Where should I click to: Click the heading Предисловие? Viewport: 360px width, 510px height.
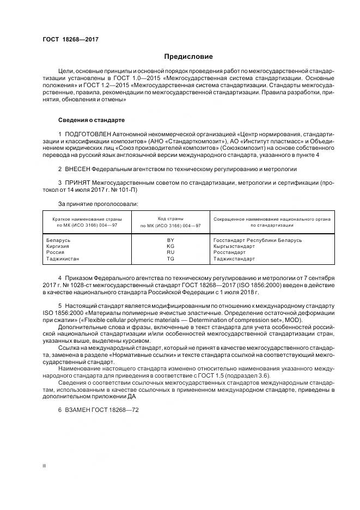[x=189, y=57]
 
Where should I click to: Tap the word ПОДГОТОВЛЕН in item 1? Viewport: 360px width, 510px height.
[x=89, y=134]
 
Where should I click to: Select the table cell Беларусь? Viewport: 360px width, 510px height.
[x=58, y=240]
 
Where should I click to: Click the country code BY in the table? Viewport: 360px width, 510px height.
[x=170, y=240]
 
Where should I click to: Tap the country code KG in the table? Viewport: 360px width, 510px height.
[x=170, y=246]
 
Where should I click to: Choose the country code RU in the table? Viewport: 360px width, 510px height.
[x=170, y=252]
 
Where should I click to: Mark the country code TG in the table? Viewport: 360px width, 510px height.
[x=170, y=259]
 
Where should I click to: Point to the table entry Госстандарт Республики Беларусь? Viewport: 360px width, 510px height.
[x=257, y=240]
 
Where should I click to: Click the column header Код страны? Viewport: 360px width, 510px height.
[x=170, y=218]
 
